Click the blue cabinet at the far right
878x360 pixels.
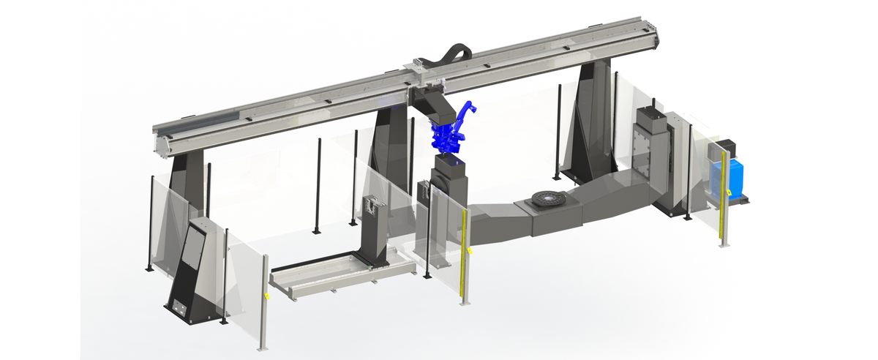(728, 178)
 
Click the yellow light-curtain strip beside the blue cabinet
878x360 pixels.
(723, 198)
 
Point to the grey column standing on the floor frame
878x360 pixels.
(375, 227)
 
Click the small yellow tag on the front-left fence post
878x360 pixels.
(267, 296)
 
